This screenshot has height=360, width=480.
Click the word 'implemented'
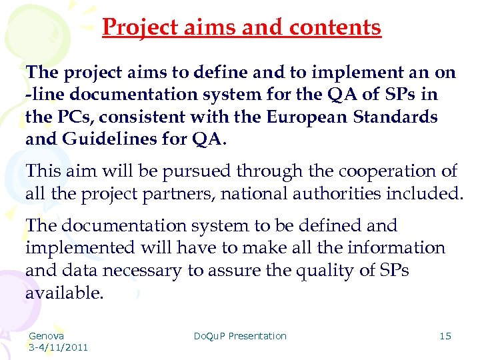pos(80,248)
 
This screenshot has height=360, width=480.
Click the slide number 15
pos(445,336)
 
